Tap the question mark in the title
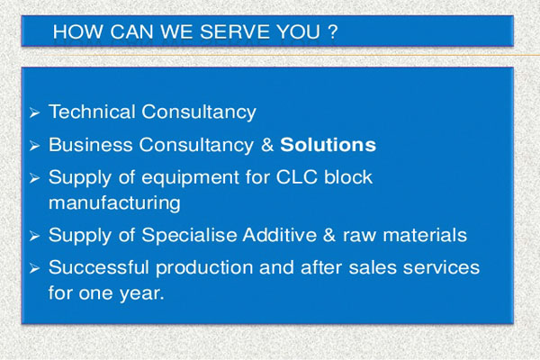(332, 31)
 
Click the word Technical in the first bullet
(92, 112)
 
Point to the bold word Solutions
(328, 145)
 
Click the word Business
(91, 145)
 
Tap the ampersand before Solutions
(267, 145)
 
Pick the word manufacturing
(114, 202)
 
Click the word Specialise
(189, 236)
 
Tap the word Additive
(279, 235)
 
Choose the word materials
(425, 235)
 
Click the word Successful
(99, 267)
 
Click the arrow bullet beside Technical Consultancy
(34, 112)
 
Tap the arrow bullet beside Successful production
(34, 268)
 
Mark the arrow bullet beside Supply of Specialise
(34, 236)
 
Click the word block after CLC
(348, 177)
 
